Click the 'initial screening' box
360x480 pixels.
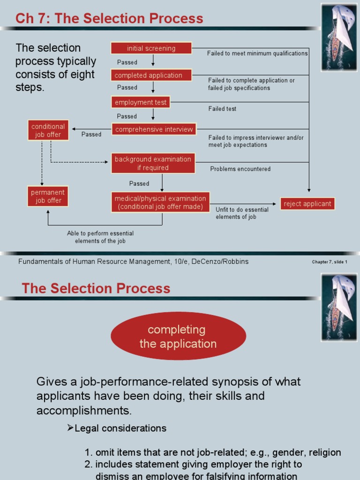tap(151, 48)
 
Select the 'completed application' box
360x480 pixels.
tap(151, 75)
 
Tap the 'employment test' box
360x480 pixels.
tap(141, 102)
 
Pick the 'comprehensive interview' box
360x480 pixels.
tap(154, 129)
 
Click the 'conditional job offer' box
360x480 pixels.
tap(48, 130)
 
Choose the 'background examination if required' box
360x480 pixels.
tap(153, 163)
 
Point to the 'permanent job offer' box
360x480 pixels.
tap(48, 196)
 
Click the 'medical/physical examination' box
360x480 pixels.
tap(160, 202)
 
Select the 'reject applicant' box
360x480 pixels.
tap(307, 204)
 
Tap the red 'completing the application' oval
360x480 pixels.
tap(178, 337)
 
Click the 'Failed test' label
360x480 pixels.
tap(222, 109)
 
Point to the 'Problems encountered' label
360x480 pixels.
tap(240, 169)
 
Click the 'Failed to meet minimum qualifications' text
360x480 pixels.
tap(257, 53)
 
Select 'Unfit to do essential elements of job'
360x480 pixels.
tap(242, 213)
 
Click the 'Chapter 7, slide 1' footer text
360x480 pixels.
tap(330, 262)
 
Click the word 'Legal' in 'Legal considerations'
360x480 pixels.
tap(87, 428)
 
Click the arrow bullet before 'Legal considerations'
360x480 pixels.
tap(71, 428)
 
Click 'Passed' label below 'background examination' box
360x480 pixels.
tap(139, 183)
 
